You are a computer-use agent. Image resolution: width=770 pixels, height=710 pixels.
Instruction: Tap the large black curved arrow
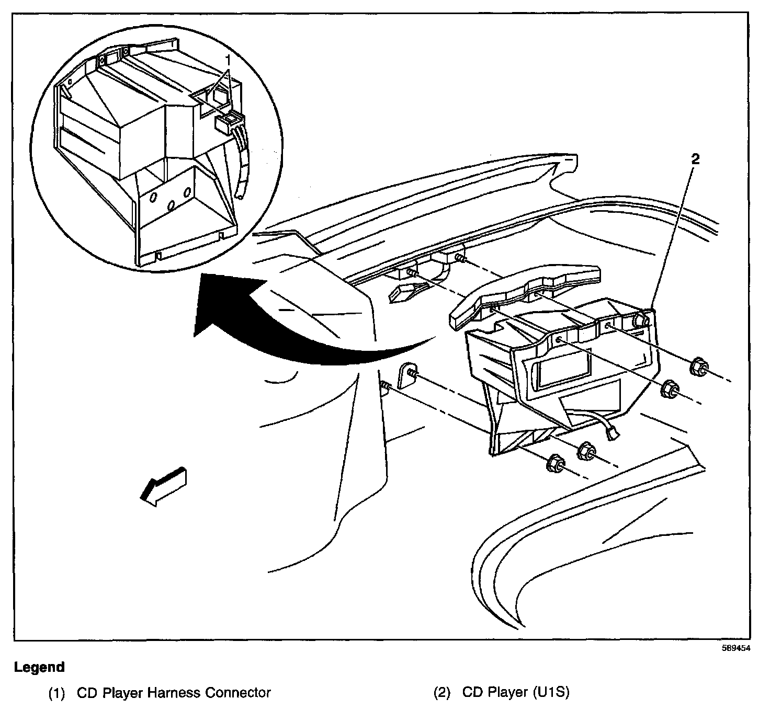pyautogui.click(x=293, y=335)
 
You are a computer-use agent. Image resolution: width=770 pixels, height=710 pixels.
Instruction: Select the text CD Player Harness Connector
pyautogui.click(x=174, y=693)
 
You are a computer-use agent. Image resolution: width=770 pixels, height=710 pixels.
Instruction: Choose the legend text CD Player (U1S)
pyautogui.click(x=515, y=693)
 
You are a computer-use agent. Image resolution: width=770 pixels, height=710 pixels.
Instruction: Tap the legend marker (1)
pyautogui.click(x=56, y=693)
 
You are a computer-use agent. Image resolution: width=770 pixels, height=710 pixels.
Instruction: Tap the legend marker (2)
pyautogui.click(x=442, y=693)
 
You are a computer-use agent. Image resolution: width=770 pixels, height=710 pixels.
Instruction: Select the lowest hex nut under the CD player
pyautogui.click(x=554, y=465)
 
